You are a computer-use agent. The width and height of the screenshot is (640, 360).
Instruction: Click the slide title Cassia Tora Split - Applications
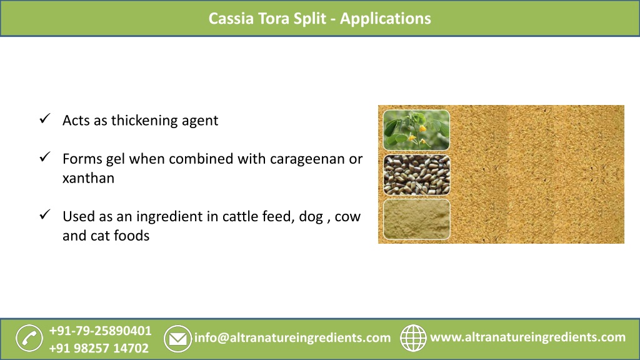[319, 18]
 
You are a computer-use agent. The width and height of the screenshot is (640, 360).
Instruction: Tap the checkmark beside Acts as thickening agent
[44, 119]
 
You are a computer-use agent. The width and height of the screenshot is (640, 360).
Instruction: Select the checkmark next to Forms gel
[44, 157]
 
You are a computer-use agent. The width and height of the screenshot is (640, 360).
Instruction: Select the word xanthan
[88, 178]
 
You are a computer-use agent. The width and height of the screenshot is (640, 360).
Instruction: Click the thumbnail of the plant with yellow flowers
[416, 131]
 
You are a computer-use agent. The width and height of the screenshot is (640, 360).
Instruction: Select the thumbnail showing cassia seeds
[416, 175]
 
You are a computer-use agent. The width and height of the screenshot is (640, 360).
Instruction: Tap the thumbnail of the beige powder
[416, 219]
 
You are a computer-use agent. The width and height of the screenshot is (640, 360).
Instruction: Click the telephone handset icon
[29, 338]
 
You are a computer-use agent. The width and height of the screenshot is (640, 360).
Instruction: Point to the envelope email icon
[177, 339]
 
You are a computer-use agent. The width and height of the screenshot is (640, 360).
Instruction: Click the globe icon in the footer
[412, 338]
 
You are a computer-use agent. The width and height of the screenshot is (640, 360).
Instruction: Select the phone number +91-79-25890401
[100, 330]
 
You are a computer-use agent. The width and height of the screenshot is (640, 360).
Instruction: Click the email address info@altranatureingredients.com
[292, 338]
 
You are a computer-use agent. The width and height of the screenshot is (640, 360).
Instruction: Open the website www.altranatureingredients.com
[528, 337]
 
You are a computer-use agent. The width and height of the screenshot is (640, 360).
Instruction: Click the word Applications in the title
[386, 18]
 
